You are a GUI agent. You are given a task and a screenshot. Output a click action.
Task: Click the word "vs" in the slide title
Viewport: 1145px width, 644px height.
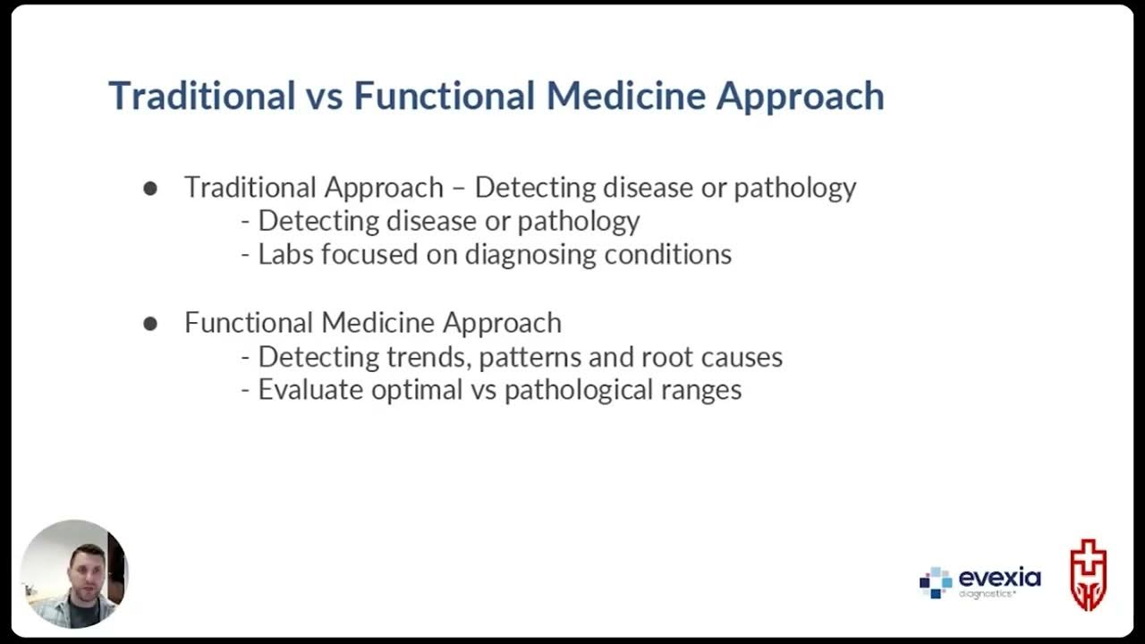point(324,96)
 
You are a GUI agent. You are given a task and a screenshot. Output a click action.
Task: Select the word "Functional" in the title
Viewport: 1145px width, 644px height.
point(445,96)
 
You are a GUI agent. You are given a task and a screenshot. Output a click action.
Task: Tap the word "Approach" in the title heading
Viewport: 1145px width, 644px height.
point(800,97)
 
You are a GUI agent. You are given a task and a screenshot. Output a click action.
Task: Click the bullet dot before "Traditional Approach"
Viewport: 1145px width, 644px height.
point(150,189)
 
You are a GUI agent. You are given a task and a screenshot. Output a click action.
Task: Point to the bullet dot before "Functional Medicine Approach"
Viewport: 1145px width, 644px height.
point(150,324)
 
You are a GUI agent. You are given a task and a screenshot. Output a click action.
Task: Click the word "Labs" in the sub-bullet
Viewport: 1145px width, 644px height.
point(285,254)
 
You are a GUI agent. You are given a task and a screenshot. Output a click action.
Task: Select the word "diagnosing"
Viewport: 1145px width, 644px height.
point(530,255)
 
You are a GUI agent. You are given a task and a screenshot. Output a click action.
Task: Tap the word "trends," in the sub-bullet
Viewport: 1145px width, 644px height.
point(428,357)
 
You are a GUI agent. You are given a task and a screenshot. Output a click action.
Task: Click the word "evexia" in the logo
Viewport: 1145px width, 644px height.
point(999,579)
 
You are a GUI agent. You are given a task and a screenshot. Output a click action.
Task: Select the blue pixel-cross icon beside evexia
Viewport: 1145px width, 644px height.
point(936,582)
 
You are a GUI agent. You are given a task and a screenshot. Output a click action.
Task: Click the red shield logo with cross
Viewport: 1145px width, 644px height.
point(1089,574)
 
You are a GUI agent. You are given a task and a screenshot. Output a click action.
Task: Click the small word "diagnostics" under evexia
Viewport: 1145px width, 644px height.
point(987,594)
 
